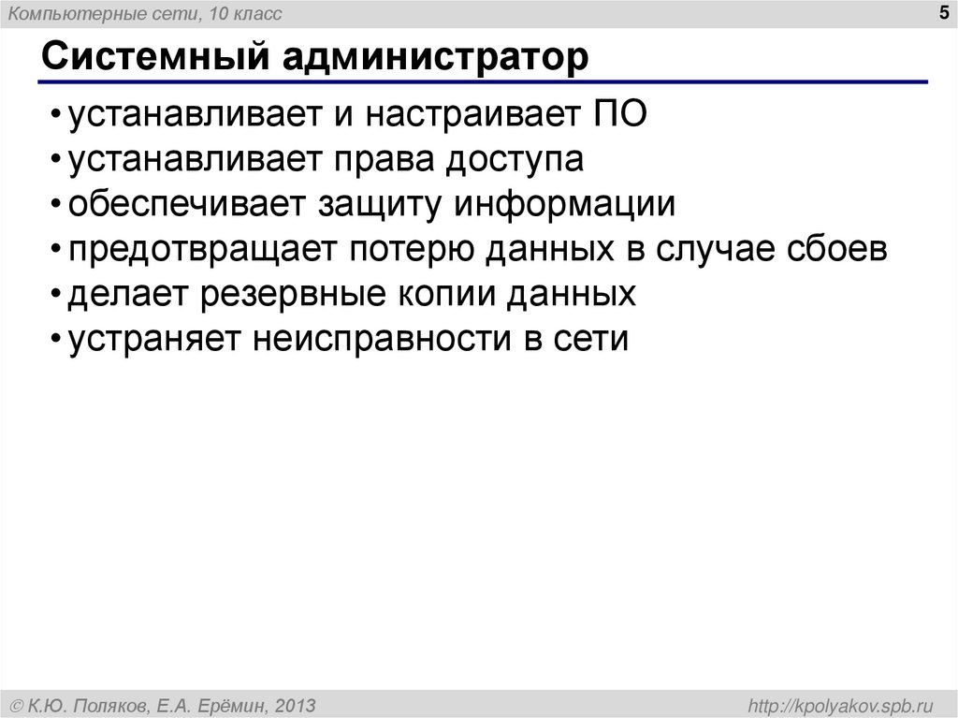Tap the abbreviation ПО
(x=619, y=116)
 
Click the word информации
(x=565, y=206)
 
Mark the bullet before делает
(x=57, y=296)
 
